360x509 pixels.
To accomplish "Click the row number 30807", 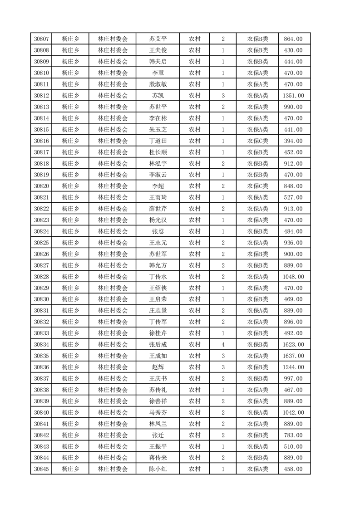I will pyautogui.click(x=41, y=39).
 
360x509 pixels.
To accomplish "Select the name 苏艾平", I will pyautogui.click(x=158, y=39).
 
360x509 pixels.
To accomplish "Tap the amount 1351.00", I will pyautogui.click(x=293, y=96).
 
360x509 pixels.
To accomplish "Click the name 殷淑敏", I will pyautogui.click(x=158, y=84).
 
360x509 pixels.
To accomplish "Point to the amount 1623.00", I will pyautogui.click(x=293, y=345).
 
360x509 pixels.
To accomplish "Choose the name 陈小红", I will pyautogui.click(x=158, y=469).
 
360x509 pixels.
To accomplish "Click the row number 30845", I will pyautogui.click(x=41, y=469).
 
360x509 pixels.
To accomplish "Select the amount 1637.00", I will pyautogui.click(x=293, y=356).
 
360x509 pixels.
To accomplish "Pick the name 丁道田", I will pyautogui.click(x=158, y=141).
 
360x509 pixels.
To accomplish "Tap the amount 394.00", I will pyautogui.click(x=293, y=141).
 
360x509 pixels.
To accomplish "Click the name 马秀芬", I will pyautogui.click(x=158, y=412).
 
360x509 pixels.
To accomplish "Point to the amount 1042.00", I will pyautogui.click(x=293, y=412).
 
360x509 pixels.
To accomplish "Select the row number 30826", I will pyautogui.click(x=41, y=254).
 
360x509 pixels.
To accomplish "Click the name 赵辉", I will pyautogui.click(x=158, y=367).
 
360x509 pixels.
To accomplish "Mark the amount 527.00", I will pyautogui.click(x=293, y=197).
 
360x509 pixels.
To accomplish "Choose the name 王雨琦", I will pyautogui.click(x=158, y=197).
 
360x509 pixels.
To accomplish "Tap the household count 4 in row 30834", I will pyautogui.click(x=223, y=345).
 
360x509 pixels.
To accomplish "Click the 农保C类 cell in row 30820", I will pyautogui.click(x=257, y=186).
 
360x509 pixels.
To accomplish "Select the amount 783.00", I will pyautogui.click(x=293, y=435).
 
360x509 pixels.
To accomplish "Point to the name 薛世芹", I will pyautogui.click(x=158, y=209).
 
